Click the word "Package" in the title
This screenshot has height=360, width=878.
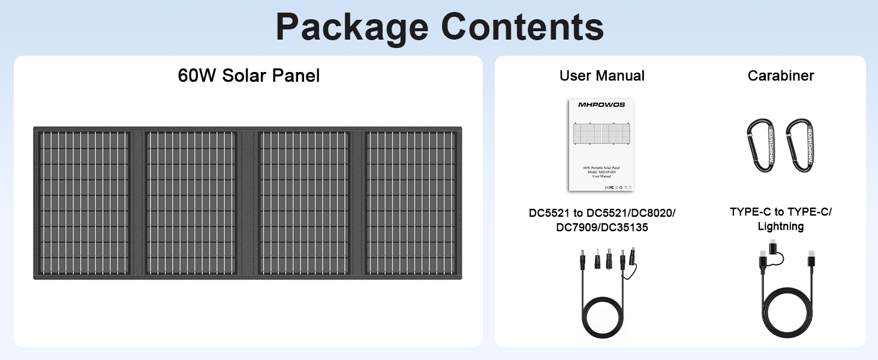[x=353, y=27]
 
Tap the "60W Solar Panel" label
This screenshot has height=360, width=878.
[x=249, y=76]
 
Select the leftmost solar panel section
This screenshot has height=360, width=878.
[x=84, y=203]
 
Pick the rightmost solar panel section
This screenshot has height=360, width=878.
[x=411, y=203]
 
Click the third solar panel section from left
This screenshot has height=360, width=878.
[x=303, y=203]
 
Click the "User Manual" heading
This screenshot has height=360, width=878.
[x=602, y=76]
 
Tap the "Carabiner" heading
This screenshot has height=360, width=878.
[x=781, y=76]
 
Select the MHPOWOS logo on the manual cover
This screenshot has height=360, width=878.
[x=601, y=105]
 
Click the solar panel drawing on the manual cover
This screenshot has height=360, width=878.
[x=601, y=134]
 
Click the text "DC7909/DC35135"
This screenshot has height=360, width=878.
[x=602, y=227]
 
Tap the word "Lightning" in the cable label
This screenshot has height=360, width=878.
[x=781, y=227]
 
